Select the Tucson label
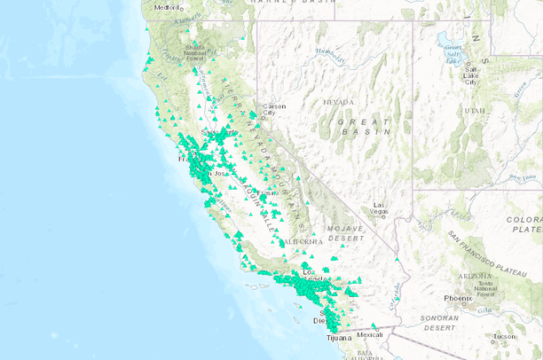[x=505, y=336]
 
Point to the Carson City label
[x=270, y=109]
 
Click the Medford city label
[x=167, y=7]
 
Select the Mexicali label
[x=370, y=334]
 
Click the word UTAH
[x=475, y=111]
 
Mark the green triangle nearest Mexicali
[x=374, y=325]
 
